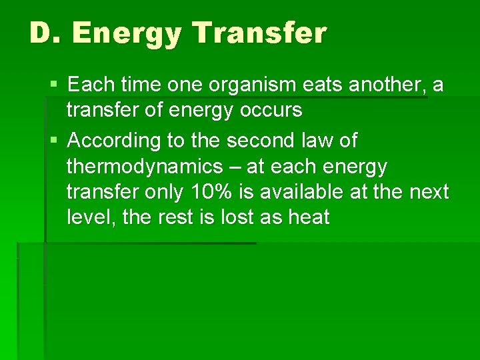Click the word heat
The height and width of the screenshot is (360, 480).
tap(306, 217)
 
